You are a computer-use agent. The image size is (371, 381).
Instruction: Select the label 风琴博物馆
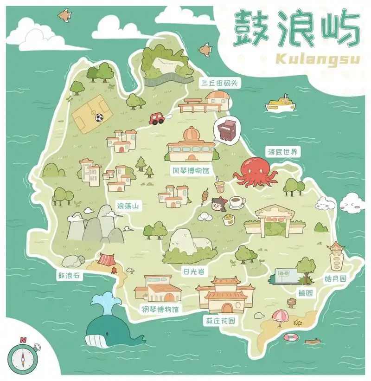191,171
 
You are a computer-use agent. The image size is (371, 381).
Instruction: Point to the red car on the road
157,118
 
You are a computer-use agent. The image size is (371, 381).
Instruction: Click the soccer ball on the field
99,118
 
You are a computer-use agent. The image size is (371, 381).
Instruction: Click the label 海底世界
282,152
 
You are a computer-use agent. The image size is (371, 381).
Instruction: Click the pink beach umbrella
280,316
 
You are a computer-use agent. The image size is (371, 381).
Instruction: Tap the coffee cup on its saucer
237,202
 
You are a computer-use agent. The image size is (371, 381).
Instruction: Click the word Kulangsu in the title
318,59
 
